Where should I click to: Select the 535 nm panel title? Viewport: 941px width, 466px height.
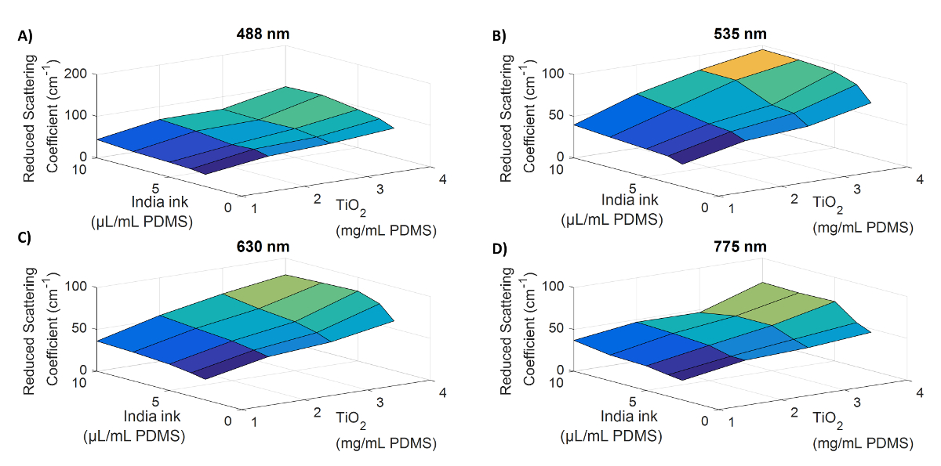click(x=745, y=34)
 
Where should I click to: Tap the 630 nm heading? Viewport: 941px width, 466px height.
click(x=263, y=247)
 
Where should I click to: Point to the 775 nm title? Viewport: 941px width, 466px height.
click(x=745, y=247)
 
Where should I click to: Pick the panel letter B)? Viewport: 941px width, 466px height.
click(x=500, y=35)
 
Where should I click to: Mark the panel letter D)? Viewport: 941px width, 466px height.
click(x=500, y=249)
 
